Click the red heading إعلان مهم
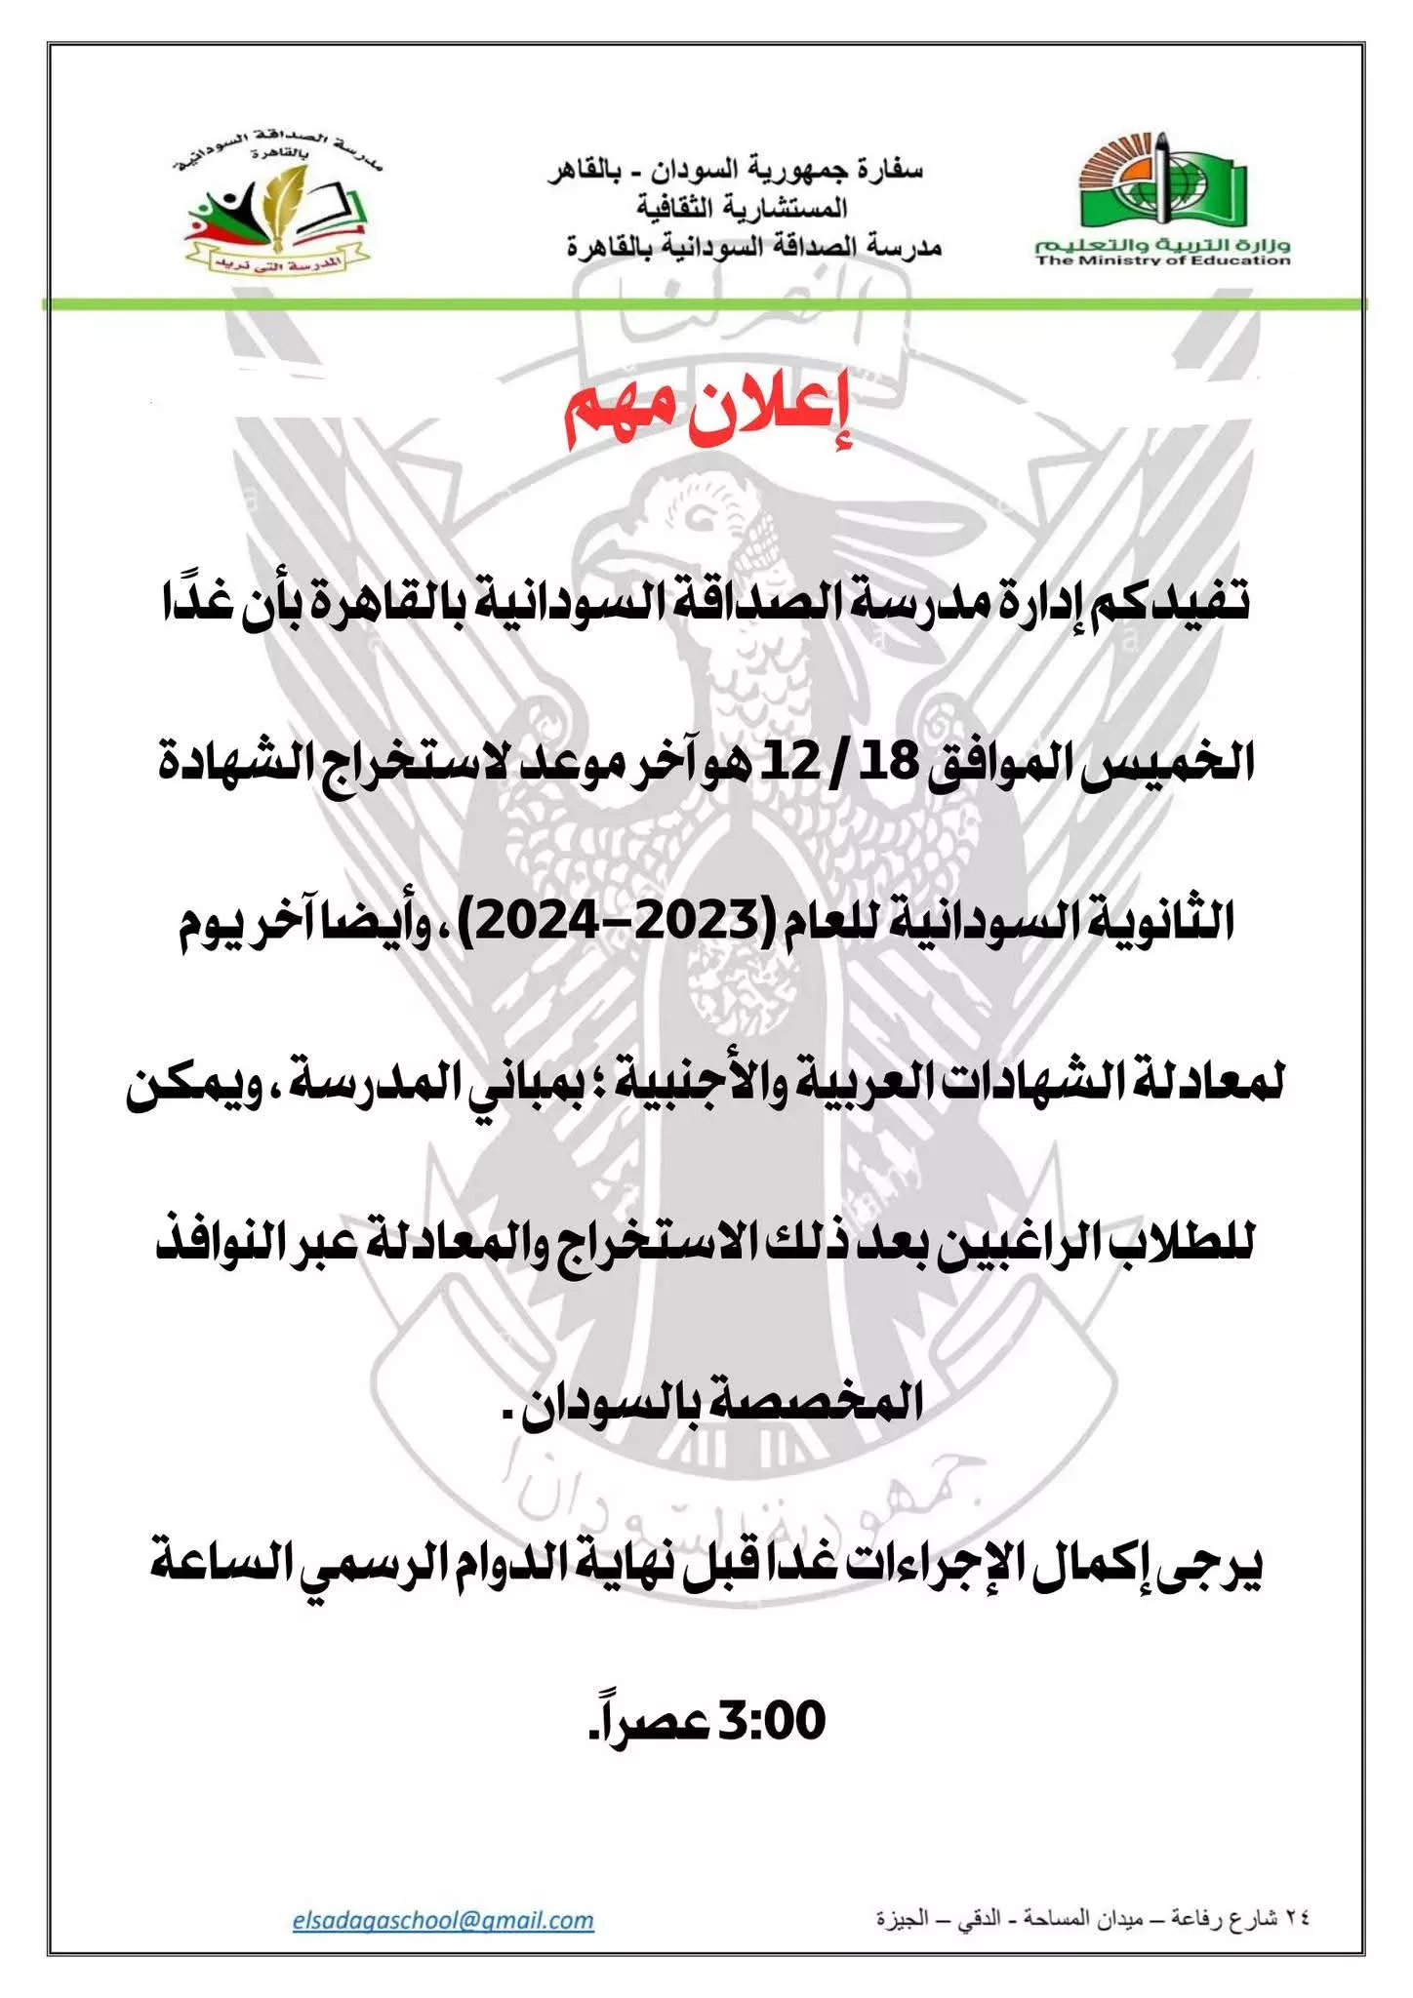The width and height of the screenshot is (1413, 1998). pyautogui.click(x=709, y=416)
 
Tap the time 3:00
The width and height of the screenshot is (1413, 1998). pyautogui.click(x=772, y=1721)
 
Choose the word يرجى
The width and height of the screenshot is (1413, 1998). pyautogui.click(x=1220, y=1562)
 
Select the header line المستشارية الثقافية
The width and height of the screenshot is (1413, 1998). pyautogui.click(x=742, y=208)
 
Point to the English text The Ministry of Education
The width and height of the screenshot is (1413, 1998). pyautogui.click(x=1163, y=260)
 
